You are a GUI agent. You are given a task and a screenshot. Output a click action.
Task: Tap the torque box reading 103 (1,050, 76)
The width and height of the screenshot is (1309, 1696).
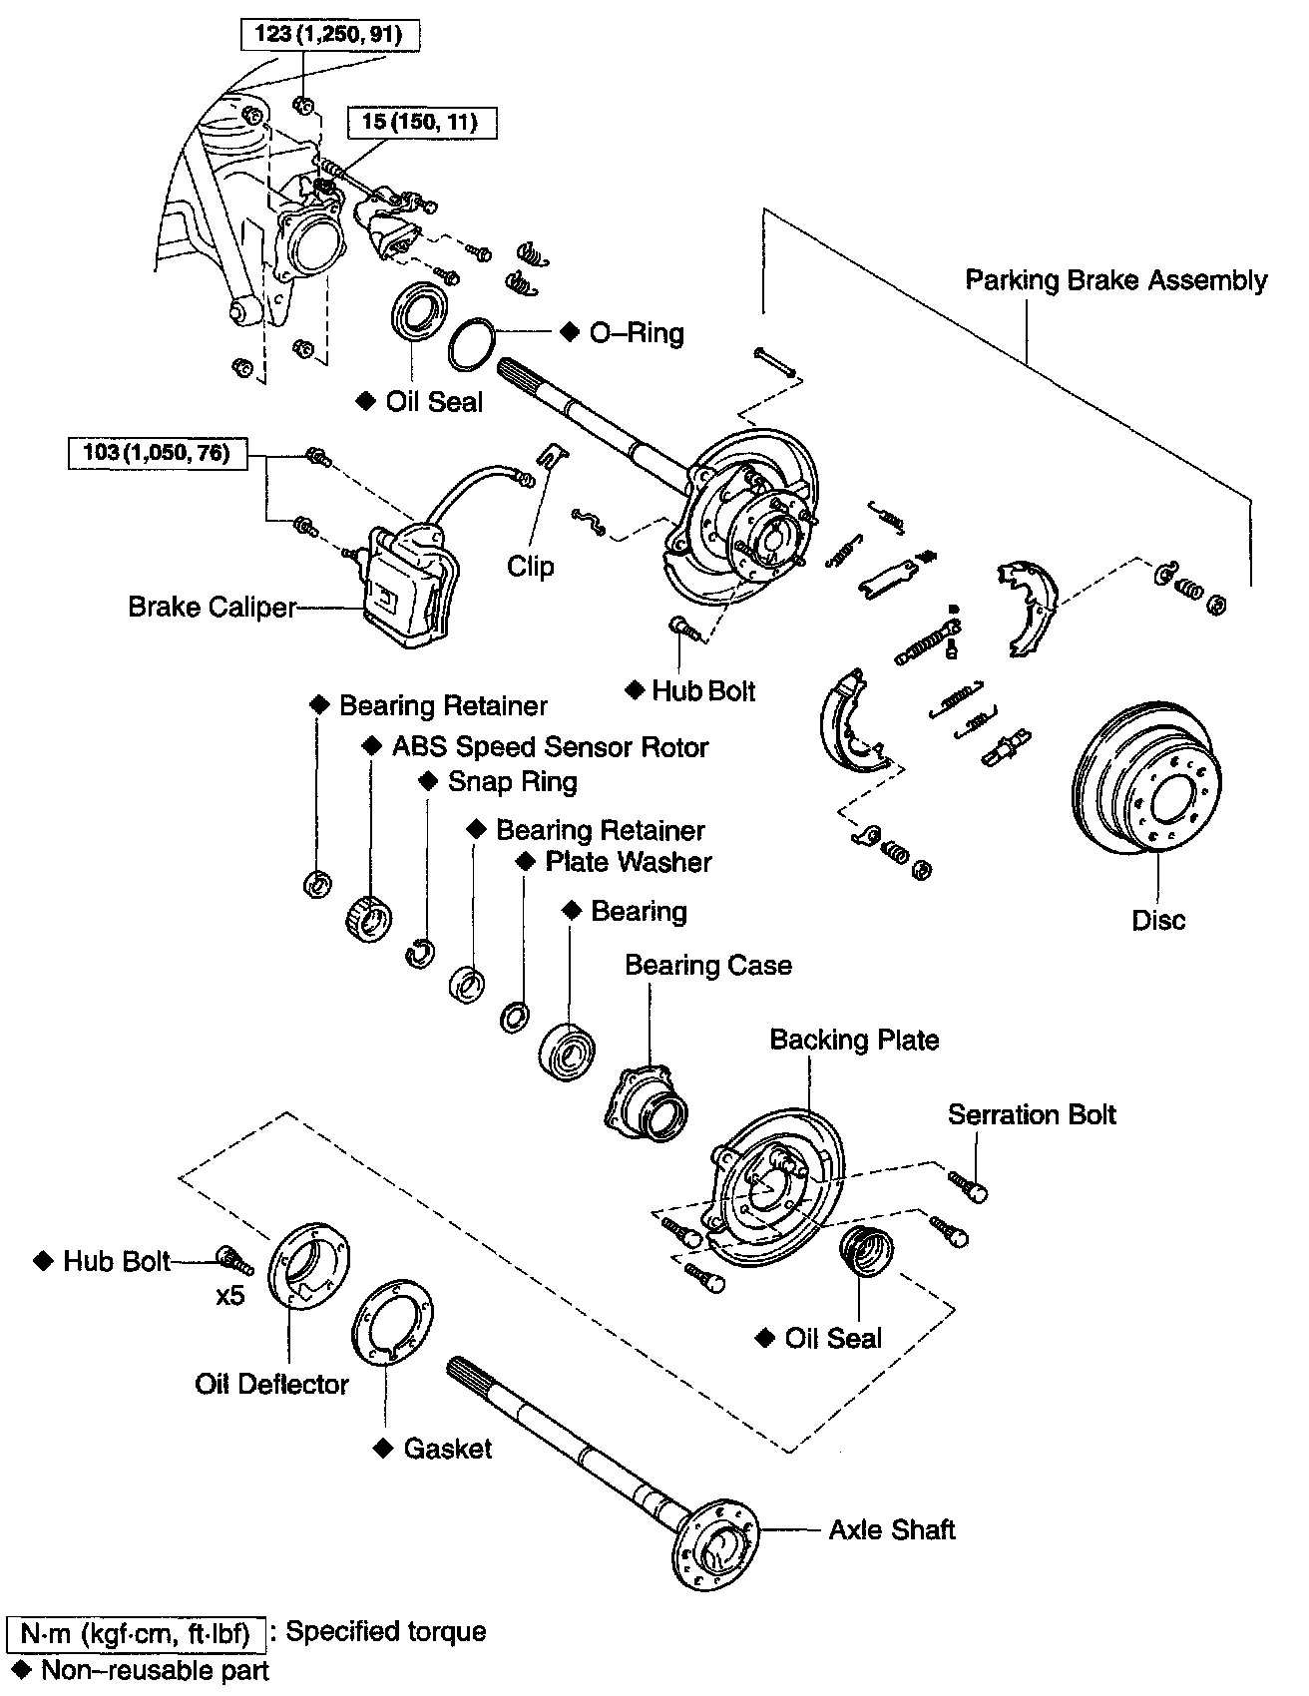coord(157,453)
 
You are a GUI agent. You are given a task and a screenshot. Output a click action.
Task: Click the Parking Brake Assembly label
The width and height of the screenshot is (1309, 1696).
coord(1115,280)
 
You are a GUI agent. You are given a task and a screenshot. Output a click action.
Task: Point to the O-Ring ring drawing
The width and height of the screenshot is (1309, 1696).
coord(470,344)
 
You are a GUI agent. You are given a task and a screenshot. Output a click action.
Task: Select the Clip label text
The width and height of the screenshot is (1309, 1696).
coord(530,567)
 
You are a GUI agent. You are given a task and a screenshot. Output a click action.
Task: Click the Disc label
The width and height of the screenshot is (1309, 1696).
coord(1158,920)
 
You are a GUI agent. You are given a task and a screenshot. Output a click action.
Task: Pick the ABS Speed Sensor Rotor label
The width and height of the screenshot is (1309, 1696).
coord(550,747)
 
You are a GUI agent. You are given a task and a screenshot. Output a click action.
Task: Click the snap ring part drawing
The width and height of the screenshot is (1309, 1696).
coord(420,953)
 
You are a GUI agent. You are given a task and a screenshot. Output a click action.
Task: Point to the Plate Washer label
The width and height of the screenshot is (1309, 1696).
coord(629,862)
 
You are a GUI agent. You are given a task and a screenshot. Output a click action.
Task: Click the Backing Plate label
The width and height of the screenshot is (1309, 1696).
coord(854,1041)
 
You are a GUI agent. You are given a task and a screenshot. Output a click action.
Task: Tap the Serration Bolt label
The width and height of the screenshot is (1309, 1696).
coord(1032,1114)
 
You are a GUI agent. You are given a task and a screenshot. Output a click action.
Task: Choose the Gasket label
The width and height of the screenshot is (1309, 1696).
coord(447,1449)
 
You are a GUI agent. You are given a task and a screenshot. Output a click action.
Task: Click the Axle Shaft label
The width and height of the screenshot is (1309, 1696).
coord(892,1530)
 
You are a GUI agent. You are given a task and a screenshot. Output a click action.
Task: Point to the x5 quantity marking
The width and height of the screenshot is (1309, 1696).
coord(229,1298)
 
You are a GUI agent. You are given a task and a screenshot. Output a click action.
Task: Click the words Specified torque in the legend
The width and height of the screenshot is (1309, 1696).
coord(386,1632)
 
